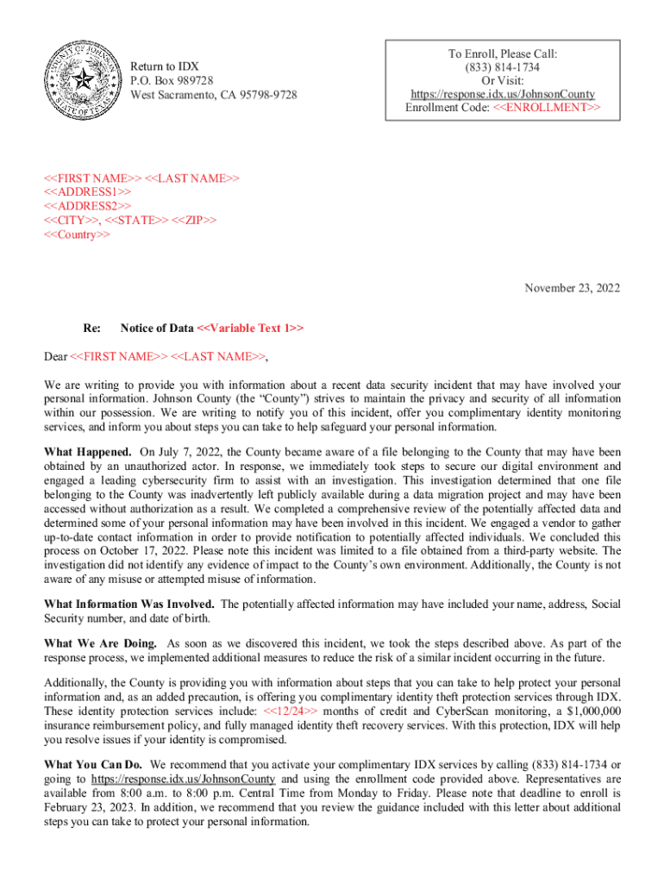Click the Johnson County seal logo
(83, 81)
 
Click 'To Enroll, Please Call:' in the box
(504, 53)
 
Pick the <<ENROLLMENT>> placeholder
(547, 108)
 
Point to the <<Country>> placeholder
(77, 235)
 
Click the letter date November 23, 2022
(572, 289)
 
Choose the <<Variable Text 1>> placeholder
(250, 329)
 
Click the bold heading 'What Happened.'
(88, 452)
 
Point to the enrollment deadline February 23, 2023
(90, 808)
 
